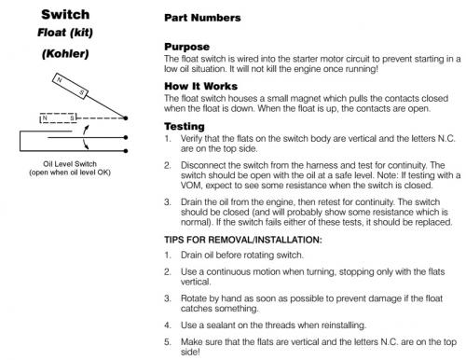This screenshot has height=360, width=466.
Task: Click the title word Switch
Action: tap(65, 15)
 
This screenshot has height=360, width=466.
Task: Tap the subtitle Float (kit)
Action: tap(65, 33)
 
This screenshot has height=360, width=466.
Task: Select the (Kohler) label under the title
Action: tap(65, 54)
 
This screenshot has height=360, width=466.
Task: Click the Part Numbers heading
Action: tap(202, 18)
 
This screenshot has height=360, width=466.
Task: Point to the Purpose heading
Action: tap(186, 47)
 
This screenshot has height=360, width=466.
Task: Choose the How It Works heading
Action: tap(200, 86)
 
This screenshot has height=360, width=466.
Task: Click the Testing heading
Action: tap(185, 126)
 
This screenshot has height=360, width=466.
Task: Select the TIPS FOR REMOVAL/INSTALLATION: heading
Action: tap(243, 240)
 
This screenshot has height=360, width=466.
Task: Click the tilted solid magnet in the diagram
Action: tap(70, 86)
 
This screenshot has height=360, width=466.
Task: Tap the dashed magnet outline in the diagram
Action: tap(58, 118)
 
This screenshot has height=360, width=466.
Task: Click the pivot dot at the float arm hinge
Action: tap(126, 118)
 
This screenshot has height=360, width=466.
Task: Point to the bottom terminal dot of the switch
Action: tap(126, 151)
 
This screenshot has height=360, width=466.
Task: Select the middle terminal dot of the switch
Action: tap(126, 137)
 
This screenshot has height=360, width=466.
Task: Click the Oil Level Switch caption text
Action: tap(70, 164)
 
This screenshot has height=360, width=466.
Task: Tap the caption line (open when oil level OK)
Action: tap(70, 173)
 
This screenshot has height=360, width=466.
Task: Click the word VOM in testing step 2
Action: tap(191, 186)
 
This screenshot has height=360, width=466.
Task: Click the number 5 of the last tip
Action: tap(167, 342)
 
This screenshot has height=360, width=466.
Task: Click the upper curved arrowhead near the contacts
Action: tap(87, 128)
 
